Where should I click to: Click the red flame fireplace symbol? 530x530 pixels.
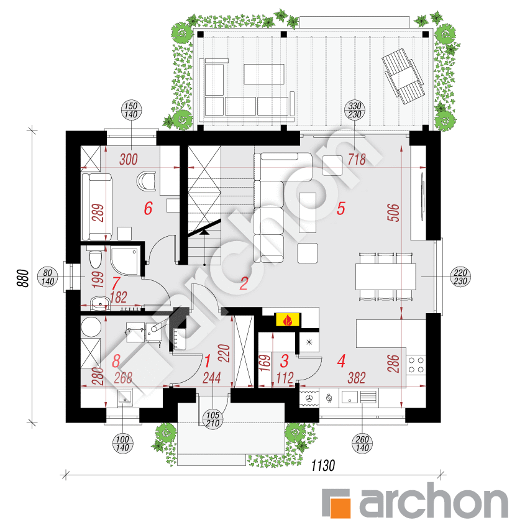click(288, 320)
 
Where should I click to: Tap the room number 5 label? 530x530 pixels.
click(340, 209)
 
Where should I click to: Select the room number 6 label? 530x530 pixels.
click(148, 208)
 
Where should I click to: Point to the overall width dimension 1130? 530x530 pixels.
click(323, 465)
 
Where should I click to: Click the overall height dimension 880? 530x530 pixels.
click(23, 278)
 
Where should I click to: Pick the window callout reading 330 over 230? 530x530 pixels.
click(355, 110)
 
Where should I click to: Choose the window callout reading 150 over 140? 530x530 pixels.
click(131, 110)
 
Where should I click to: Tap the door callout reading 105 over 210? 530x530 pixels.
click(212, 419)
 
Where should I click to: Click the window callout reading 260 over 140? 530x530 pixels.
click(362, 444)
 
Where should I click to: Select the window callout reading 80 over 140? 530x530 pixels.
click(48, 277)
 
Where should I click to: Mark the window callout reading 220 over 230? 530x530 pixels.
click(460, 277)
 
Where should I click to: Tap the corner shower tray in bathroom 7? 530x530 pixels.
click(124, 262)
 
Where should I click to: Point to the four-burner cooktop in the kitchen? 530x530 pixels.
click(416, 365)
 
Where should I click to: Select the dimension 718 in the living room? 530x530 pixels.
click(357, 159)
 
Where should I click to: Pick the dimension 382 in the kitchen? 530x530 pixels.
click(357, 378)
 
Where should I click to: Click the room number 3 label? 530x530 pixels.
click(285, 360)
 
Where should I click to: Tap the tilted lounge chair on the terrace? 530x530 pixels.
click(403, 76)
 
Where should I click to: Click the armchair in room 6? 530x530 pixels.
click(147, 181)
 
